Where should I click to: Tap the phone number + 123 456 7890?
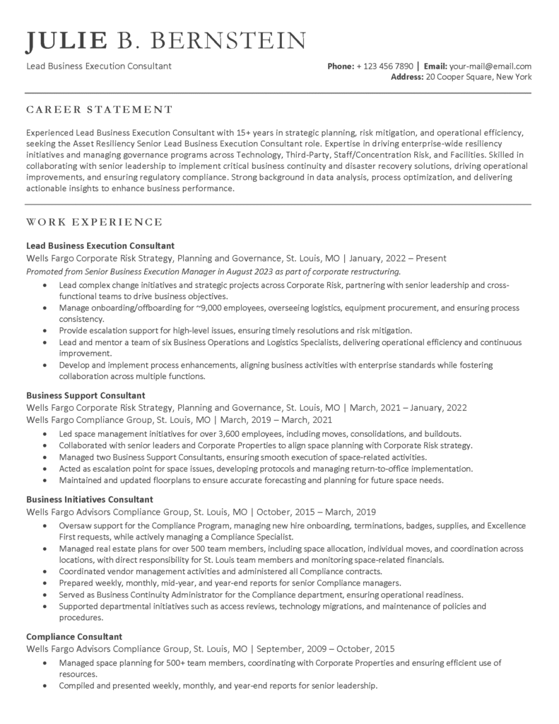pyautogui.click(x=385, y=66)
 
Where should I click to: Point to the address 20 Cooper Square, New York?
pyautogui.click(x=478, y=77)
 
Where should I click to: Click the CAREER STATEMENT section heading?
pyautogui.click(x=99, y=110)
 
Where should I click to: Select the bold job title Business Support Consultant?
pyautogui.click(x=86, y=395)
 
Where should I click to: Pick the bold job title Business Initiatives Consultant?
pyautogui.click(x=90, y=499)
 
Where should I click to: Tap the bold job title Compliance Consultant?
pyautogui.click(x=74, y=636)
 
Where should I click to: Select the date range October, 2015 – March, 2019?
pyautogui.click(x=316, y=511)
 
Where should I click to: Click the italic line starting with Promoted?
pyautogui.click(x=213, y=271)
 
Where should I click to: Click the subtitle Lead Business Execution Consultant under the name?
pyautogui.click(x=98, y=66)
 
